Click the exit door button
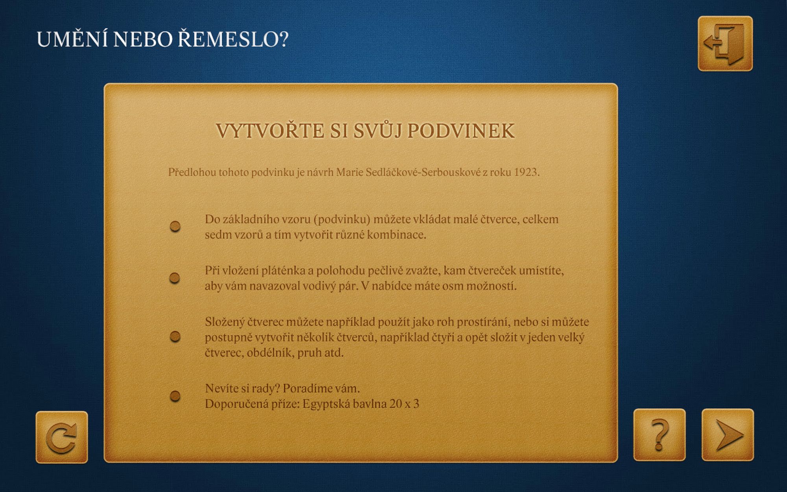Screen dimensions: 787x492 point(725,44)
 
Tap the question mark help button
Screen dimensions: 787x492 point(660,435)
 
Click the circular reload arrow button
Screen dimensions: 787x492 point(62,437)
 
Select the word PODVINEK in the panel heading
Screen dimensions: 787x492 point(461,131)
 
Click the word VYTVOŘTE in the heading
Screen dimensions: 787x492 point(270,130)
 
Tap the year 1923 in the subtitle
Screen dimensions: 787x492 point(527,172)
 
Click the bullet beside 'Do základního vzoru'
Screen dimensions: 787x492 point(175,226)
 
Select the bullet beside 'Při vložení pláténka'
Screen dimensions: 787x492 point(175,278)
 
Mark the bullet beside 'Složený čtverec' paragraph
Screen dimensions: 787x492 point(175,337)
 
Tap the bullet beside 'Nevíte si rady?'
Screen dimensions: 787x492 point(175,396)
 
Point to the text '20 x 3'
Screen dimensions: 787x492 point(404,404)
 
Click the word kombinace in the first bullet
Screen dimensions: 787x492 point(397,235)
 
